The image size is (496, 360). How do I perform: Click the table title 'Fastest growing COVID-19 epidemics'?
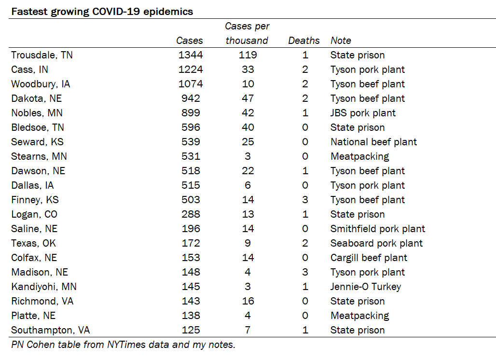tap(102, 12)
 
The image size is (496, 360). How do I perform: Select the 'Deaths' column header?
tap(303, 41)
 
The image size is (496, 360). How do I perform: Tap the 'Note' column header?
tap(341, 41)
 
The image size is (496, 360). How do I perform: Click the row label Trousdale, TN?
tap(42, 55)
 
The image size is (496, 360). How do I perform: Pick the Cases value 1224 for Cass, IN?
tap(191, 69)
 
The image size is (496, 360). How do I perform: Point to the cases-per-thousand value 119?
tap(248, 55)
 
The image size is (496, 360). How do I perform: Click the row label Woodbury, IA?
tap(41, 84)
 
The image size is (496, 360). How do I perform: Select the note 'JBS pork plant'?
tap(363, 113)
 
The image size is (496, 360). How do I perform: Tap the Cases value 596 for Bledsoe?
tap(191, 127)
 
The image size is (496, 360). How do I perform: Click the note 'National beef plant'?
tap(373, 142)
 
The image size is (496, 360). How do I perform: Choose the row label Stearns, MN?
tap(39, 156)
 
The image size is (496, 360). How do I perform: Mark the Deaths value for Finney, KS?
tap(305, 200)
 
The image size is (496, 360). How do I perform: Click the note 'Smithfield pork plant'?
tap(378, 229)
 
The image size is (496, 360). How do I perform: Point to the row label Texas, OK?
tap(33, 244)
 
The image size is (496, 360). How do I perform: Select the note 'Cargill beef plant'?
tap(369, 258)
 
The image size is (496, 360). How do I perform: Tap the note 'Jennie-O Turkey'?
tap(366, 287)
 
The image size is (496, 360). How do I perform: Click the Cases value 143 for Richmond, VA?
tap(191, 301)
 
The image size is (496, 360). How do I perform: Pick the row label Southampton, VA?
tap(51, 331)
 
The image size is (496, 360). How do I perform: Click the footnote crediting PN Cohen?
tap(124, 345)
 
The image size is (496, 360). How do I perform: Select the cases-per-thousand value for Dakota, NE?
tap(248, 99)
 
